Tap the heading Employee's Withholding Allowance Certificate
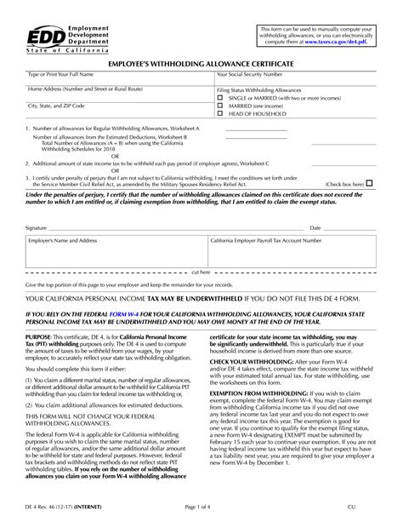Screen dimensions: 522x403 click(x=201, y=64)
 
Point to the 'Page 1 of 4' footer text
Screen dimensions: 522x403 click(x=201, y=507)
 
